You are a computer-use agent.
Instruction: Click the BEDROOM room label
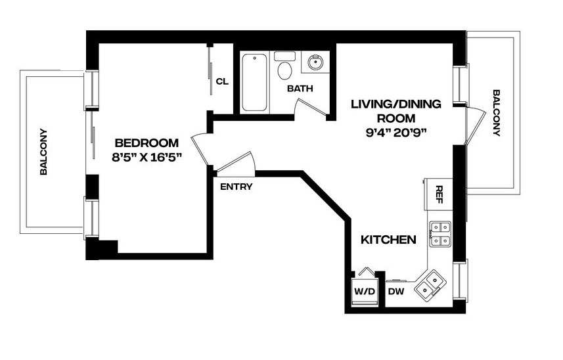[146, 143]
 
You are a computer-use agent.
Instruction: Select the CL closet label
[222, 81]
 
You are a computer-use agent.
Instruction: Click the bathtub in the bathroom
[255, 83]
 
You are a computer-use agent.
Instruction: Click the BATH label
[300, 88]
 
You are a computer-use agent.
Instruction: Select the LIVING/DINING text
[395, 104]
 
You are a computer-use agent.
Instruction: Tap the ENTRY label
[236, 187]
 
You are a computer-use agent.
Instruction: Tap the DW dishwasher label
[395, 291]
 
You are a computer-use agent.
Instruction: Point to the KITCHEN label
[388, 240]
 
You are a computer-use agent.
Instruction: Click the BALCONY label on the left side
[44, 151]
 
